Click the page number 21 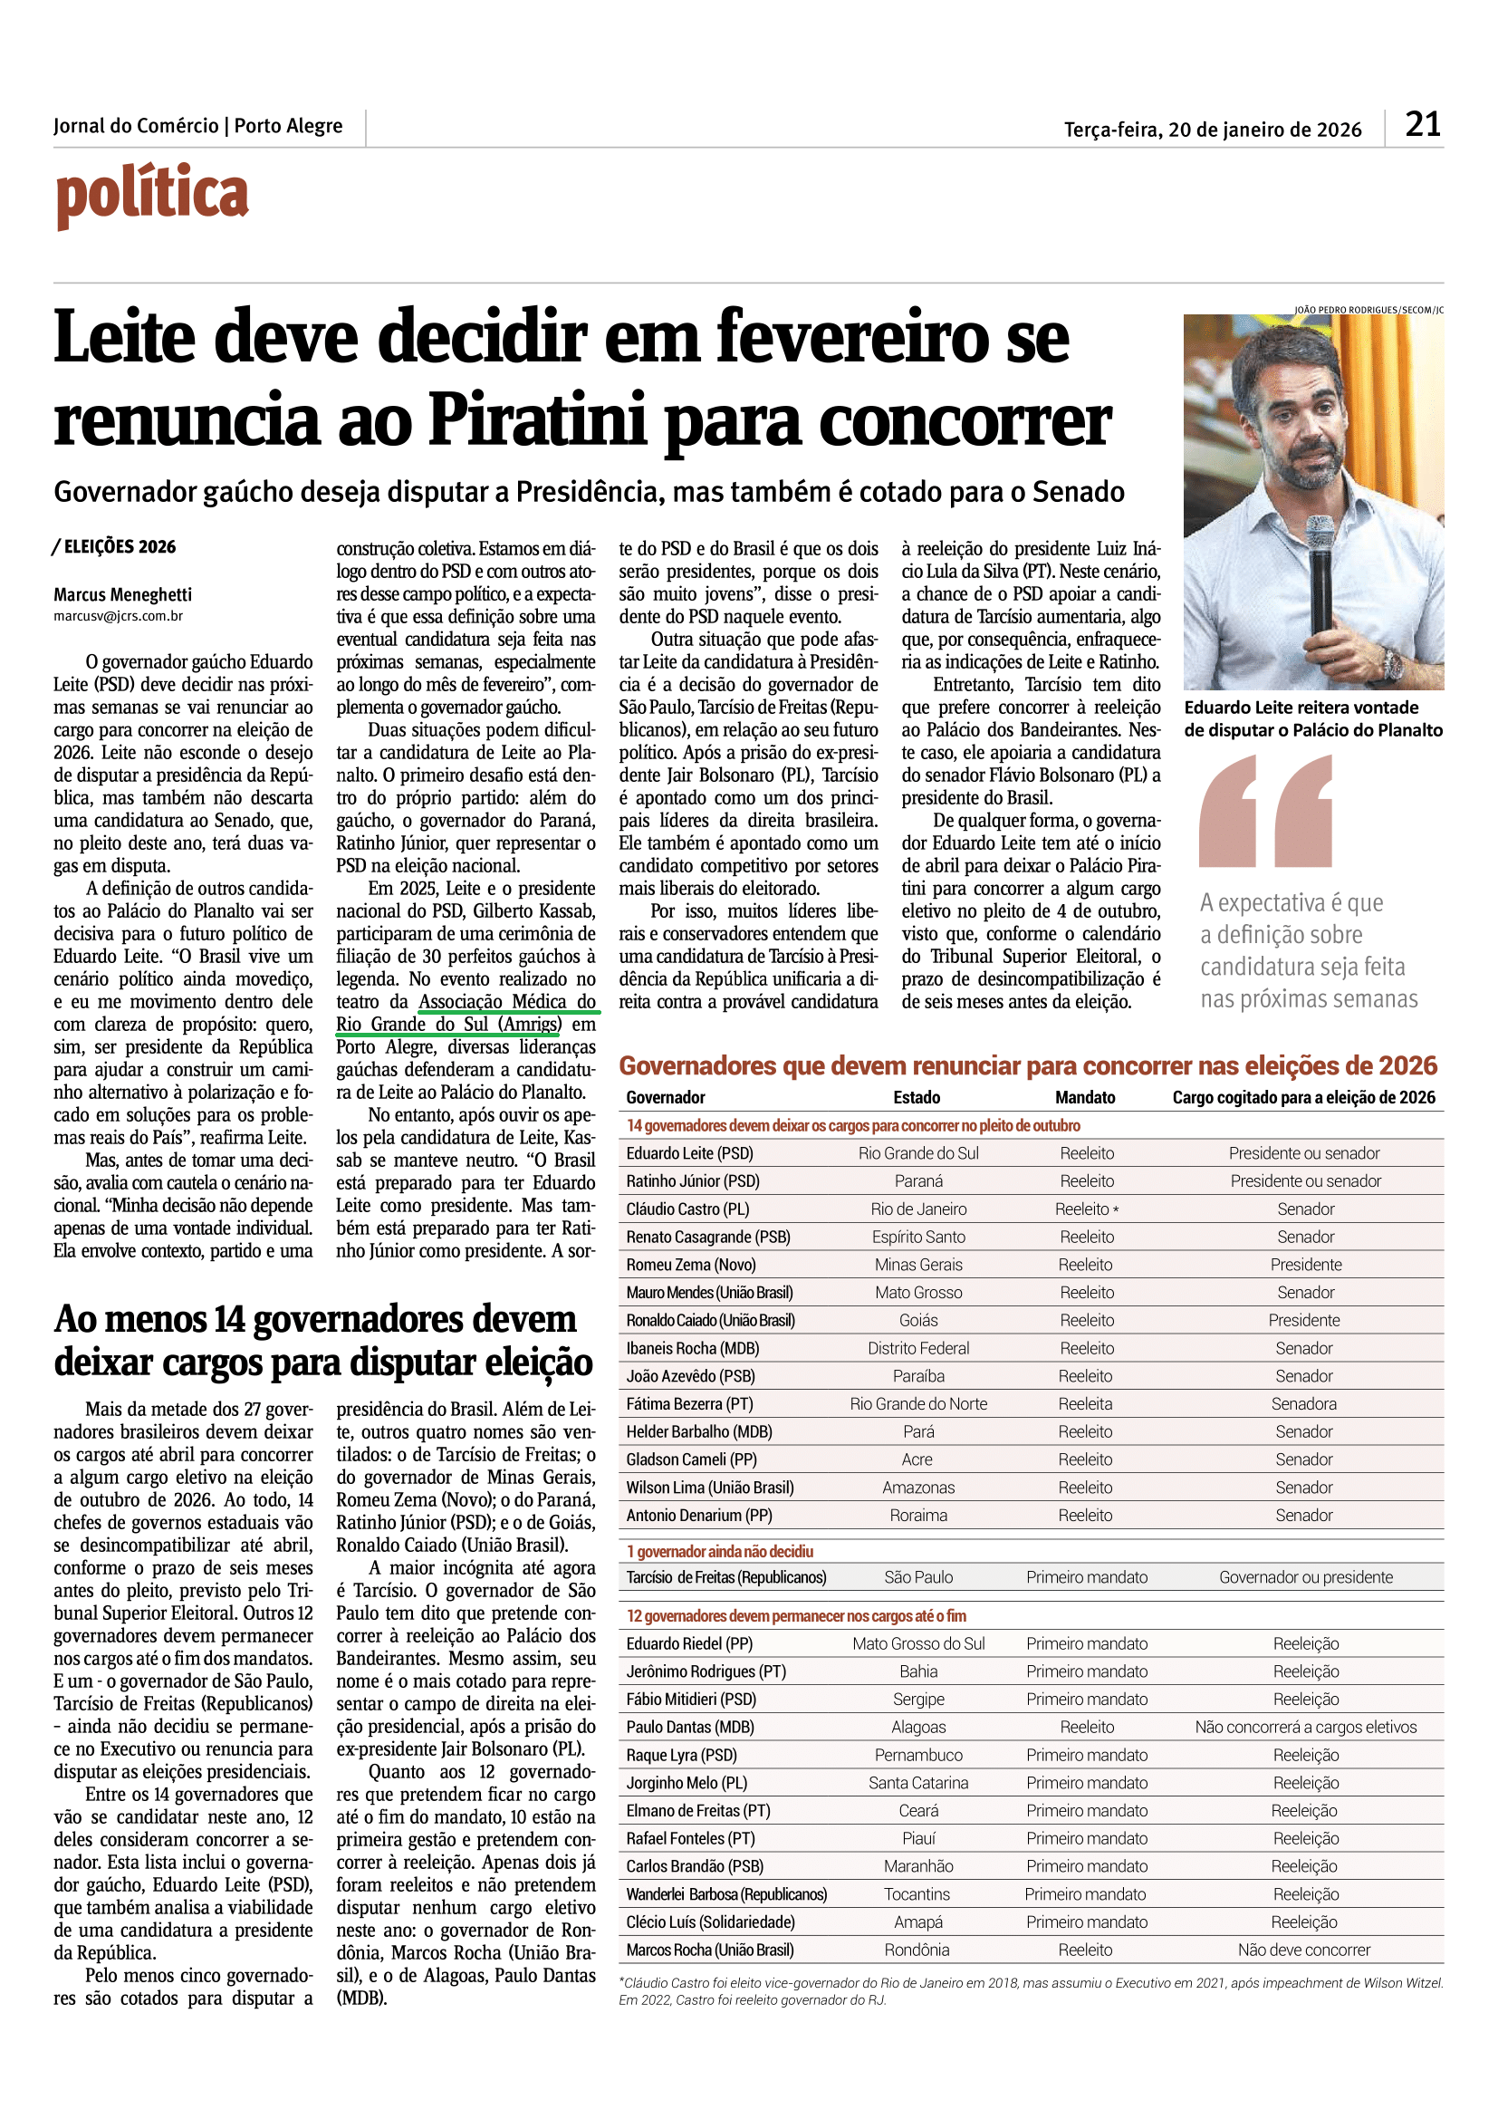click(x=1422, y=125)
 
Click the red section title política click(x=152, y=195)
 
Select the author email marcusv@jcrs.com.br click(x=118, y=617)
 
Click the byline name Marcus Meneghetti click(x=122, y=595)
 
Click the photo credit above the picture click(x=1368, y=310)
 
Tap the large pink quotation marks click(x=1265, y=811)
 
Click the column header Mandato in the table click(x=1085, y=1097)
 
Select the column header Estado click(x=917, y=1097)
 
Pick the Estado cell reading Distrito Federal click(x=918, y=1348)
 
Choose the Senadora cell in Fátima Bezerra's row click(x=1304, y=1403)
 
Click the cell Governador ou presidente click(x=1306, y=1577)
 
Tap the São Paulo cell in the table click(x=918, y=1577)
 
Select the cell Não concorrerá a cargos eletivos click(x=1306, y=1728)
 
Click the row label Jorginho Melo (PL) click(x=687, y=1783)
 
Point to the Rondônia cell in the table click(x=917, y=1950)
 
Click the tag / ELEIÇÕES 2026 click(x=114, y=547)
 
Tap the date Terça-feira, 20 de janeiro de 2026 click(x=1212, y=130)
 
